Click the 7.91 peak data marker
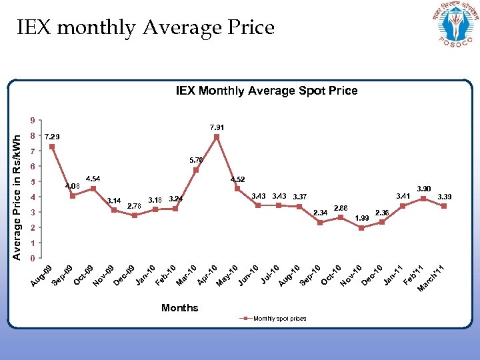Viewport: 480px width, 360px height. [217, 137]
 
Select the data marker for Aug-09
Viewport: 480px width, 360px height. [52, 147]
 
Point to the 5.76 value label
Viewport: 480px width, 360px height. [196, 160]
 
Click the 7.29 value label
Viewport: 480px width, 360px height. [52, 136]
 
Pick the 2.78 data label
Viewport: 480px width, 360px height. [134, 205]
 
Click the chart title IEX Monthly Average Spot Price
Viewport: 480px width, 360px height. [266, 90]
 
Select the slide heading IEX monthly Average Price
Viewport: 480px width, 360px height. [145, 27]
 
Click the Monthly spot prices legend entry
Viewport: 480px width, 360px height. [274, 319]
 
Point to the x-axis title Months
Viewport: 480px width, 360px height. [179, 307]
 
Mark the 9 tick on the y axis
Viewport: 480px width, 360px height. [33, 121]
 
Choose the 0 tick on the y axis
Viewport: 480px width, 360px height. [33, 258]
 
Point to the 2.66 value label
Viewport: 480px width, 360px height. [341, 208]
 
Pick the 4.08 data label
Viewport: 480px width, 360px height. [71, 186]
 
